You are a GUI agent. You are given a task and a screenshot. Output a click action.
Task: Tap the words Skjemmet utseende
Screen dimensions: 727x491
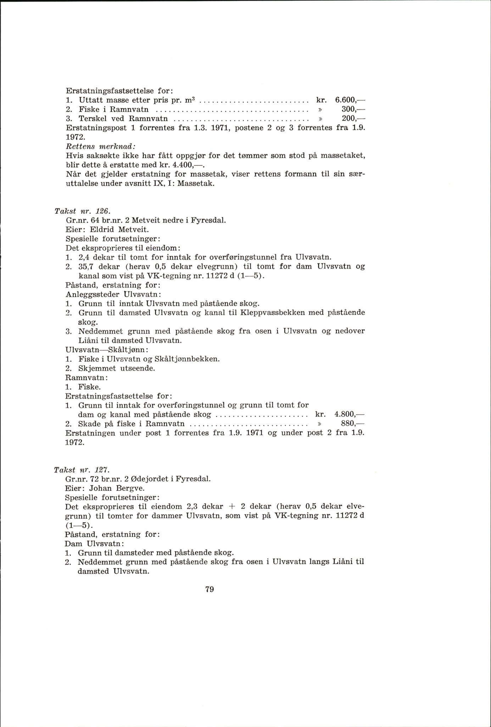117,368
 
